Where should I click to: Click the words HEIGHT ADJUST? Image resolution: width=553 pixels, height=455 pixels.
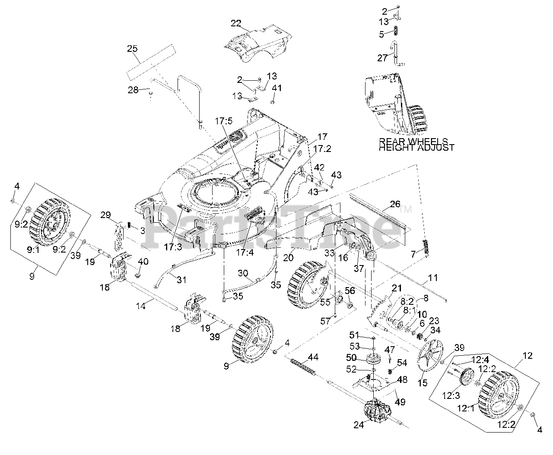[x=416, y=148]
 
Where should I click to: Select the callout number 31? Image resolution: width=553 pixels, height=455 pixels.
[x=181, y=280]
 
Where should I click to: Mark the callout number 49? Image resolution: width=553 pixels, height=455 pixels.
[x=400, y=402]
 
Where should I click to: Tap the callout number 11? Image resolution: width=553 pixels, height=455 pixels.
[x=433, y=278]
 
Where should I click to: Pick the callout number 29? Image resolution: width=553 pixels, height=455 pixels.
[x=106, y=215]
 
